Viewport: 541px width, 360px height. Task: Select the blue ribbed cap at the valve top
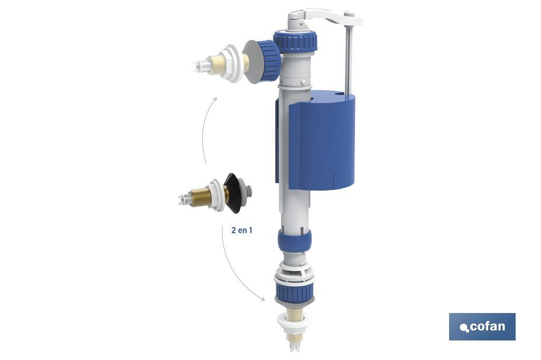[295, 42]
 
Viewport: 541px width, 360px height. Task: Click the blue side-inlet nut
[271, 61]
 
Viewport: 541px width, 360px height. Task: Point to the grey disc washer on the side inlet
[250, 62]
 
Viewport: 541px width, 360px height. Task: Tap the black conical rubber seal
[232, 193]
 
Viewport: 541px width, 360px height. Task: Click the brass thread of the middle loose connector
[200, 197]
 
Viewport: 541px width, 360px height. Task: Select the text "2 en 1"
[242, 230]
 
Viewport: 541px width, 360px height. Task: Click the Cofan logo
[482, 327]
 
